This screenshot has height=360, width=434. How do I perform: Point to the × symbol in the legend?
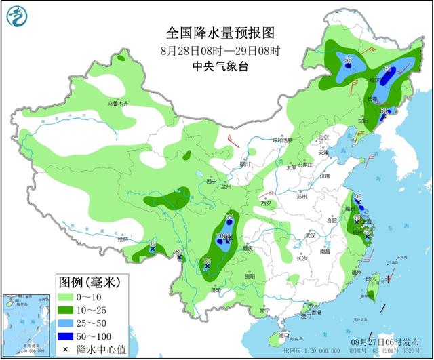click(66, 348)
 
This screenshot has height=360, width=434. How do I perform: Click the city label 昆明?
click(216, 290)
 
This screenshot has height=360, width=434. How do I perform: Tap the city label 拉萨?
click(122, 239)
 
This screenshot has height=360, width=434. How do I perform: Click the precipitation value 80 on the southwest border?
click(178, 253)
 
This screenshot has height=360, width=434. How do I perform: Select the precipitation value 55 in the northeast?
click(349, 60)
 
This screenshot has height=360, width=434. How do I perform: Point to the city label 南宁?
click(264, 311)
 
